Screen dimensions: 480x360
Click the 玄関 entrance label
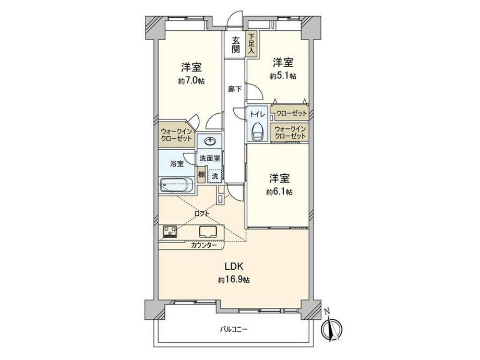pyautogui.click(x=235, y=45)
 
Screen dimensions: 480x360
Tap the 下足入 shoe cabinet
pyautogui.click(x=251, y=44)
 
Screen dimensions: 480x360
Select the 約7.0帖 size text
pyautogui.click(x=191, y=81)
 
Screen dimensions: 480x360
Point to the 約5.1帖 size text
pyautogui.click(x=283, y=76)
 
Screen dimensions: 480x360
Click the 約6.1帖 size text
pyautogui.click(x=279, y=192)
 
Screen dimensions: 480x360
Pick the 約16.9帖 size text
pyautogui.click(x=234, y=280)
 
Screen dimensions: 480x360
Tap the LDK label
pyautogui.click(x=234, y=267)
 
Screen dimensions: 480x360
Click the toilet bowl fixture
pyautogui.click(x=257, y=131)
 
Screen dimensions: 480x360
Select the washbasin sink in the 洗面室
pyautogui.click(x=210, y=141)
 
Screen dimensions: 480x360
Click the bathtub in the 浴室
pyautogui.click(x=177, y=185)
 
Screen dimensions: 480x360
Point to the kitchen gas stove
pyautogui.click(x=170, y=231)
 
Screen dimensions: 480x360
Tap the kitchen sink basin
pyautogui.click(x=208, y=232)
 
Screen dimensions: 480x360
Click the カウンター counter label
pyautogui.click(x=204, y=245)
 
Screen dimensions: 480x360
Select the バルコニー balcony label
pyautogui.click(x=233, y=329)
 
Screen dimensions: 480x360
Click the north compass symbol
pyautogui.click(x=331, y=328)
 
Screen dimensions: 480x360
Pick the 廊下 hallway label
pyautogui.click(x=235, y=89)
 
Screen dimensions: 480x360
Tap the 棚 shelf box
pyautogui.click(x=201, y=174)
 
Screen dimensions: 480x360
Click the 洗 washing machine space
pyautogui.click(x=215, y=176)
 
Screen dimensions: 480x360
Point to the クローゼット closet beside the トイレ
pyautogui.click(x=289, y=114)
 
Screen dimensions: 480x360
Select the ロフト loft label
pyautogui.click(x=202, y=213)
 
